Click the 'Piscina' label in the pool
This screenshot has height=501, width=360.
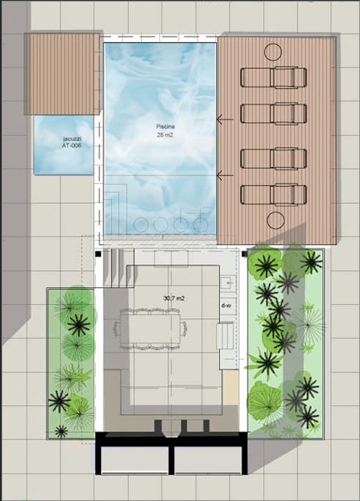[x=165, y=127]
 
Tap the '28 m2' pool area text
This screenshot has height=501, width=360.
[x=165, y=135]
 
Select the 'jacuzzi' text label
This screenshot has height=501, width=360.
[x=72, y=139]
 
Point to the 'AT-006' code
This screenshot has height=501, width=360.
[x=72, y=145]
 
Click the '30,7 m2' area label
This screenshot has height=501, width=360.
[x=174, y=298]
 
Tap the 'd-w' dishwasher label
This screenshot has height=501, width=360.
[x=226, y=306]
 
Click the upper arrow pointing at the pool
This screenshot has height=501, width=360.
[x=225, y=120]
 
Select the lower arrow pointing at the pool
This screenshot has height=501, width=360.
[x=225, y=175]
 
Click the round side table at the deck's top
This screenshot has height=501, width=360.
[x=273, y=52]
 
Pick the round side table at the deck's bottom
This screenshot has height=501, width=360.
[x=276, y=220]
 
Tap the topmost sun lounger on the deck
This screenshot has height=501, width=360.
[x=273, y=77]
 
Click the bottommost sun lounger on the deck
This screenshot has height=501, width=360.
[x=273, y=195]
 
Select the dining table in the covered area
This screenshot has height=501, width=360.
[x=150, y=329]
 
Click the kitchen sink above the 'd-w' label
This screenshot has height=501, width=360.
[x=228, y=283]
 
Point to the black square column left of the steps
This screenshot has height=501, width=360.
[x=98, y=254]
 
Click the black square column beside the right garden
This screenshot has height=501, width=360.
[x=245, y=254]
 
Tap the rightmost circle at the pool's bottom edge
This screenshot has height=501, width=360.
[x=200, y=225]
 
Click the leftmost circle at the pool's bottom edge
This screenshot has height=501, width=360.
[x=141, y=225]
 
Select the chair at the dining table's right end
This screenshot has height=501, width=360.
[x=184, y=329]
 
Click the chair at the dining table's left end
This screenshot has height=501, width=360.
[x=117, y=329]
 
